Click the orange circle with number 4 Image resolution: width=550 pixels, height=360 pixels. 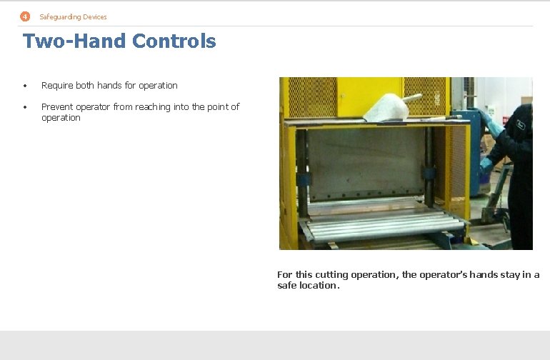tap(25, 16)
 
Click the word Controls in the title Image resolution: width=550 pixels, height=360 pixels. tap(174, 41)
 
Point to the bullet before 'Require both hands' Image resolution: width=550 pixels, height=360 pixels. tap(24, 86)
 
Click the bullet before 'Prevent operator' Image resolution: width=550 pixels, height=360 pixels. tap(24, 107)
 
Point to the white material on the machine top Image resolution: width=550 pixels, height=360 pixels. tap(386, 108)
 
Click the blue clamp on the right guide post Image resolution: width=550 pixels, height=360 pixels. tap(429, 173)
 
